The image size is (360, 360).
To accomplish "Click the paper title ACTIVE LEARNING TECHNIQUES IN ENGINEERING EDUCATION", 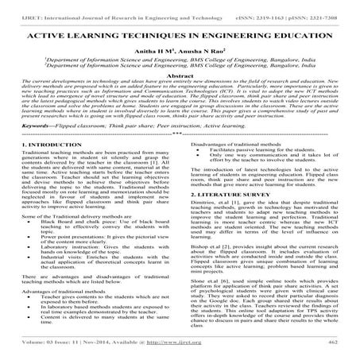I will (180, 37).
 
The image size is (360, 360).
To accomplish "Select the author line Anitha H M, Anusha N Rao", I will (180, 57).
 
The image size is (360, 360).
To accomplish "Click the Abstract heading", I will (180, 81).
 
